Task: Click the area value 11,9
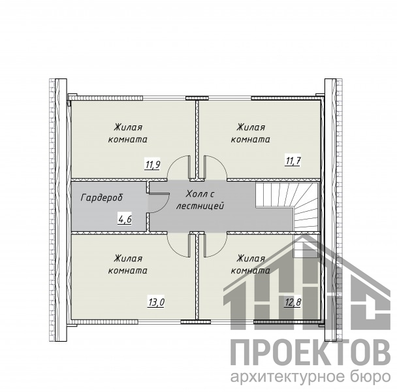click(x=152, y=164)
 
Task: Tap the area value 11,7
click(x=293, y=161)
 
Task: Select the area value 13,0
click(x=156, y=302)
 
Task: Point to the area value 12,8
click(x=293, y=302)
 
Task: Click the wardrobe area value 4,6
click(x=125, y=219)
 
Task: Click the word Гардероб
click(x=102, y=197)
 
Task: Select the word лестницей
click(x=200, y=206)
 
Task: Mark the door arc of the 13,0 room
click(x=172, y=250)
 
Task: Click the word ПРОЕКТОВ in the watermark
click(x=310, y=353)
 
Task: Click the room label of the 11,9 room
click(x=128, y=133)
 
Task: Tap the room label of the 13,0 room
click(x=128, y=265)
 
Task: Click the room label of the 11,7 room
click(x=251, y=133)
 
